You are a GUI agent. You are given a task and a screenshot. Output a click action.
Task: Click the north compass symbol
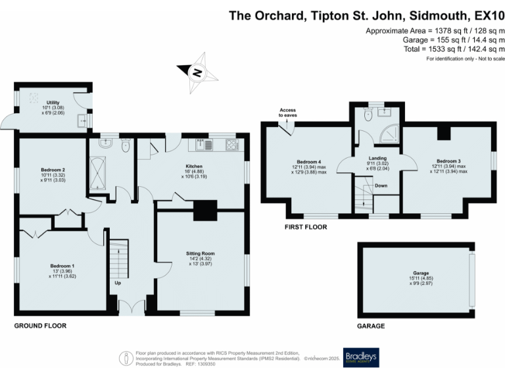click(x=195, y=72)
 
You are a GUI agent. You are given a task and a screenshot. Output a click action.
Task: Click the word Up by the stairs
click(x=118, y=284)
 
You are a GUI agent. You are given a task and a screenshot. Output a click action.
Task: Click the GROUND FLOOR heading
click(x=41, y=326)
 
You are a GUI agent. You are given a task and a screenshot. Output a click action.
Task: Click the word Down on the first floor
click(x=381, y=186)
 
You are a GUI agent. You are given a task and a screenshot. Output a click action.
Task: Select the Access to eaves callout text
click(x=287, y=113)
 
